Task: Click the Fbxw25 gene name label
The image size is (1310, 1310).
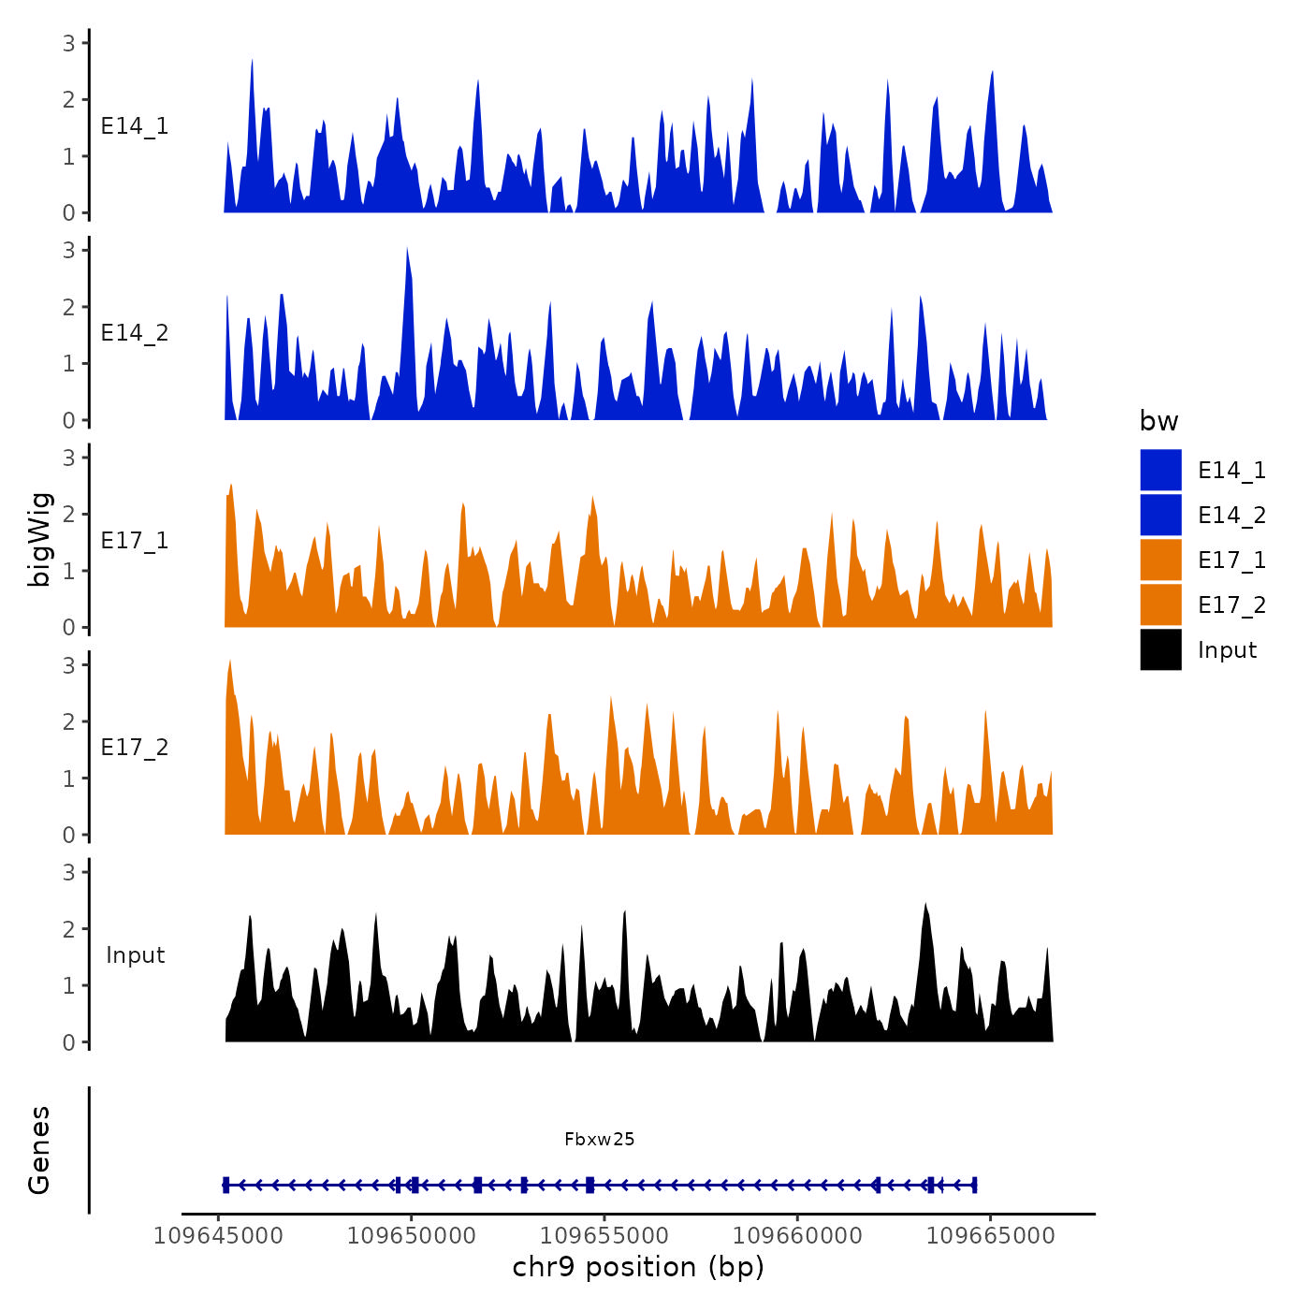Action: pos(599,1139)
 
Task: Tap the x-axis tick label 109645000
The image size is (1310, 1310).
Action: pos(218,1236)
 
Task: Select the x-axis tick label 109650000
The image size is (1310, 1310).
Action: pos(412,1236)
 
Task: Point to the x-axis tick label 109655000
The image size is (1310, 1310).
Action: pos(604,1236)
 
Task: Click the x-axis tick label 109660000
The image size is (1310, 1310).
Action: pos(797,1236)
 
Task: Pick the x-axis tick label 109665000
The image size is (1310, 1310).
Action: pos(991,1236)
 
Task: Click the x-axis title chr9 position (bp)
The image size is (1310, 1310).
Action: pos(638,1267)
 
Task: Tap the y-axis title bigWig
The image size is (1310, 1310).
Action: pos(39,540)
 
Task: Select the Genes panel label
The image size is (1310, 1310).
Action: pos(39,1150)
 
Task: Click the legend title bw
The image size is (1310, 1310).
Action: pos(1158,421)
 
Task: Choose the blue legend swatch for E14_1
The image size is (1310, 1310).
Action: pos(1160,471)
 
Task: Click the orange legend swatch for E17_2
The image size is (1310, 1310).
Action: pos(1160,605)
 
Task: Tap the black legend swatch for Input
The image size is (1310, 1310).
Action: pos(1160,650)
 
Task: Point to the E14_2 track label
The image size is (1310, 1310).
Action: pos(135,333)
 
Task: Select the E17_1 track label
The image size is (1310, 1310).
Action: pos(135,541)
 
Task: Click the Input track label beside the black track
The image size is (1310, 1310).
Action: pos(135,955)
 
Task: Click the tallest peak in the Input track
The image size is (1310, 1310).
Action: pos(925,906)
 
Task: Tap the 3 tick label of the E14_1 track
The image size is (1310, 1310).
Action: pos(69,43)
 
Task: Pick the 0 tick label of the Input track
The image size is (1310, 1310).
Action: pos(69,1042)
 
